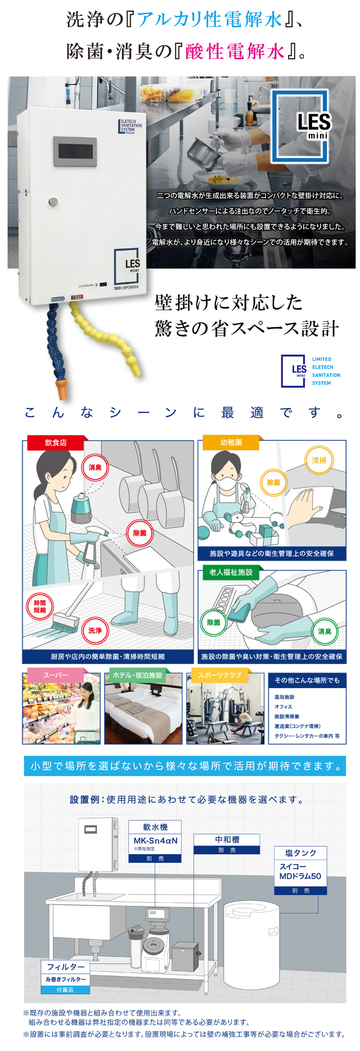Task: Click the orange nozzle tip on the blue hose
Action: pyautogui.click(x=62, y=388)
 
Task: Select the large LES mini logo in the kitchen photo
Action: pyautogui.click(x=300, y=126)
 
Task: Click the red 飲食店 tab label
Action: pyautogui.click(x=56, y=442)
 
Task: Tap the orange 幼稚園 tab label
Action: pyautogui.click(x=231, y=442)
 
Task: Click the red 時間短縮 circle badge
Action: pyautogui.click(x=40, y=607)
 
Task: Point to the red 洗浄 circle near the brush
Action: pyautogui.click(x=95, y=630)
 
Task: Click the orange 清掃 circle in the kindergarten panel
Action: pyautogui.click(x=319, y=460)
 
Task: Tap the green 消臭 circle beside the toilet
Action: pyautogui.click(x=325, y=631)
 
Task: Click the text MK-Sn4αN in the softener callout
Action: pyautogui.click(x=155, y=841)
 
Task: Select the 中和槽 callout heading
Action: pyautogui.click(x=227, y=839)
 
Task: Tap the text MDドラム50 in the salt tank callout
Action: pyautogui.click(x=300, y=876)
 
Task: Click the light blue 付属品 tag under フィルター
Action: pyautogui.click(x=65, y=989)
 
